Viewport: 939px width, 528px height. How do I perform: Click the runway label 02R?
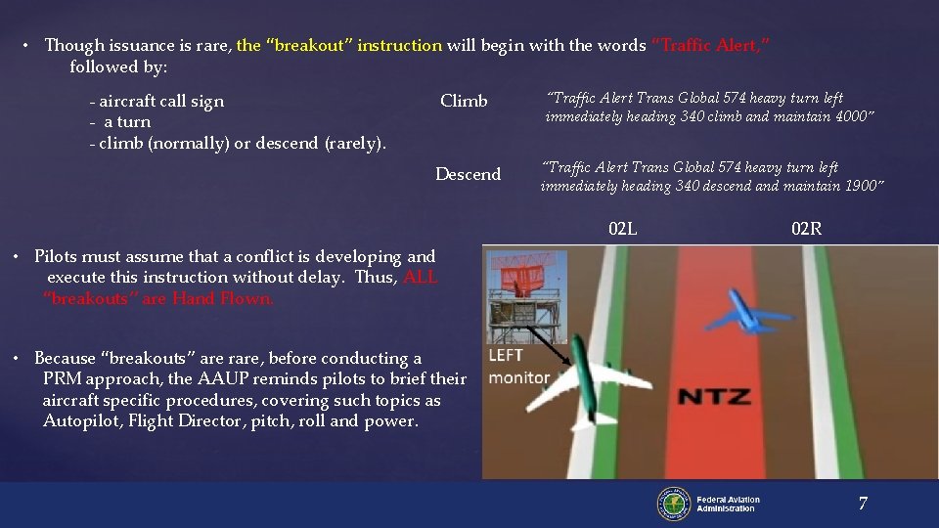pos(806,230)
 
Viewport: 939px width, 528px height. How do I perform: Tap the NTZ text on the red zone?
pos(715,397)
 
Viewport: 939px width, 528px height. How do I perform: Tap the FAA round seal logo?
pos(673,504)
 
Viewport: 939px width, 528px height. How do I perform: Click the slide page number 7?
pos(862,504)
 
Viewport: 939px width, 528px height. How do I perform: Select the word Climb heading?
pos(464,101)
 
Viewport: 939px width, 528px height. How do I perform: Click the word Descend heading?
pos(468,174)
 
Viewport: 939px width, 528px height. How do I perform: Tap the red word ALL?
pos(420,278)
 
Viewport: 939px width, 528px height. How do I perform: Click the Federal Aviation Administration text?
pos(728,504)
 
